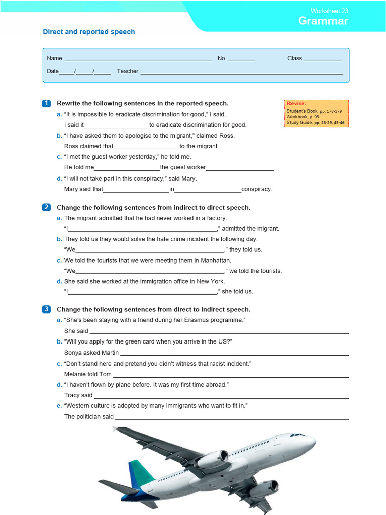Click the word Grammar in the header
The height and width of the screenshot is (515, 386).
[x=323, y=21]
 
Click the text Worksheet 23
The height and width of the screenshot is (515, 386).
[x=329, y=11]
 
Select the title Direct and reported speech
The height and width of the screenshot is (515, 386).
[x=89, y=32]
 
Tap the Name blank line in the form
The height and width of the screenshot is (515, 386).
[x=138, y=59]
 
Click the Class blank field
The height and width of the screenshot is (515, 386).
[x=323, y=59]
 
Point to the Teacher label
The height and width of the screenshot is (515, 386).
[x=127, y=71]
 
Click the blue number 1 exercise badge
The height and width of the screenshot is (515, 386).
[x=46, y=103]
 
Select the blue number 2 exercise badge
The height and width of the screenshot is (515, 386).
[x=46, y=207]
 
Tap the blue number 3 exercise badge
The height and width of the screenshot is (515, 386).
[x=46, y=309]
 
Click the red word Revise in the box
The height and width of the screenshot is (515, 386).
[x=296, y=103]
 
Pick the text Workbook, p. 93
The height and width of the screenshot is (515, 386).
[x=303, y=116]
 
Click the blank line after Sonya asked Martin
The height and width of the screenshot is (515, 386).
[x=234, y=354]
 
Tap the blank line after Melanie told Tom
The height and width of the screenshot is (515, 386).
[x=231, y=376]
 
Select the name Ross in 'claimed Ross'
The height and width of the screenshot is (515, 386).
[x=227, y=136]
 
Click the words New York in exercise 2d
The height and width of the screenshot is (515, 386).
[x=211, y=282]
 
